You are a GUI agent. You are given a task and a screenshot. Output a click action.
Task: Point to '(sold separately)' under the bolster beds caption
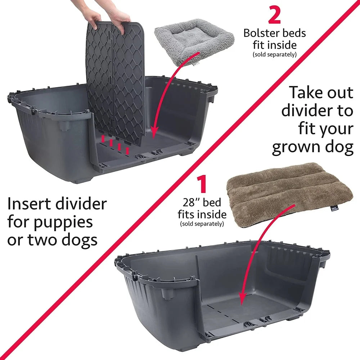tap(275, 55)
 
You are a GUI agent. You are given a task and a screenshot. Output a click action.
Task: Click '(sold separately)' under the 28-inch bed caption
tap(202, 224)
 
